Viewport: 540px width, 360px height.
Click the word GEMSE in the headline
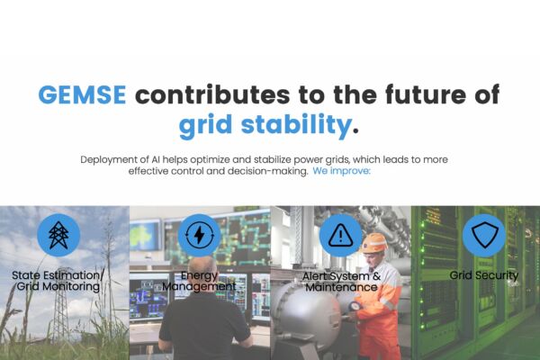click(x=82, y=94)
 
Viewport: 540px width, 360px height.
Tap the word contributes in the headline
click(x=212, y=94)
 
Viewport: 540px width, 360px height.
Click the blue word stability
click(x=296, y=125)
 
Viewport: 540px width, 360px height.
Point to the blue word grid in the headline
click(x=205, y=125)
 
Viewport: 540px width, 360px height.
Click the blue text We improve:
click(x=341, y=171)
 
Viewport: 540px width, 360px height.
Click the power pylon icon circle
click(x=58, y=235)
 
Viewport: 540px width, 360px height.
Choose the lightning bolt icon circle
click(x=199, y=235)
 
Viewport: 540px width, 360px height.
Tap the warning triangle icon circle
click(x=340, y=235)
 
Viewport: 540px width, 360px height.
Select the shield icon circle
click(x=484, y=235)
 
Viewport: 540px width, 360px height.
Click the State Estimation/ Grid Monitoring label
click(x=58, y=281)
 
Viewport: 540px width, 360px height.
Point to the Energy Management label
click(x=199, y=281)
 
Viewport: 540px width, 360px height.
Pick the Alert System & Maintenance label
click(x=341, y=282)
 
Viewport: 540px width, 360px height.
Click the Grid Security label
click(x=484, y=275)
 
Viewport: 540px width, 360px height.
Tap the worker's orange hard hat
click(x=374, y=242)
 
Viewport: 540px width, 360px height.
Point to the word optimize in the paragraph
click(x=210, y=160)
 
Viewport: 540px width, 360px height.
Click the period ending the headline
click(x=355, y=130)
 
